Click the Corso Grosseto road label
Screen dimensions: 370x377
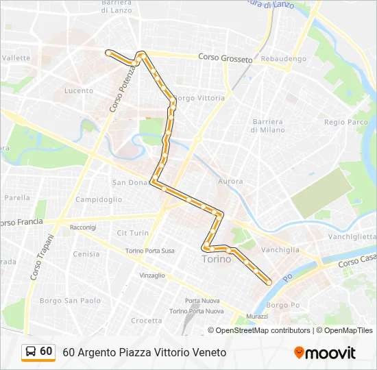click(225, 58)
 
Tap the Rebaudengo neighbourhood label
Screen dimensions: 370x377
click(284, 59)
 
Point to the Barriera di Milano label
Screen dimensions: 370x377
click(267, 126)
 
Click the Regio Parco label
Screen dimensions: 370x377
click(346, 122)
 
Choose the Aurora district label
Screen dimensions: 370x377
click(230, 182)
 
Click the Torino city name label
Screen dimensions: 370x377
click(217, 260)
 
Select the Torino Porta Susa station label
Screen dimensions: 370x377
click(149, 251)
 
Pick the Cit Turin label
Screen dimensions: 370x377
click(133, 233)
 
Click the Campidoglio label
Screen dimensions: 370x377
click(99, 199)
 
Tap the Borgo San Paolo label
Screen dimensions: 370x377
click(71, 300)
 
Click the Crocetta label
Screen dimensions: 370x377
click(147, 321)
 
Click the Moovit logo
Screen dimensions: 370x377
click(325, 353)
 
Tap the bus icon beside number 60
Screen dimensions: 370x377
click(31, 351)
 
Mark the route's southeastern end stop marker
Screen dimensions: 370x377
click(268, 282)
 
